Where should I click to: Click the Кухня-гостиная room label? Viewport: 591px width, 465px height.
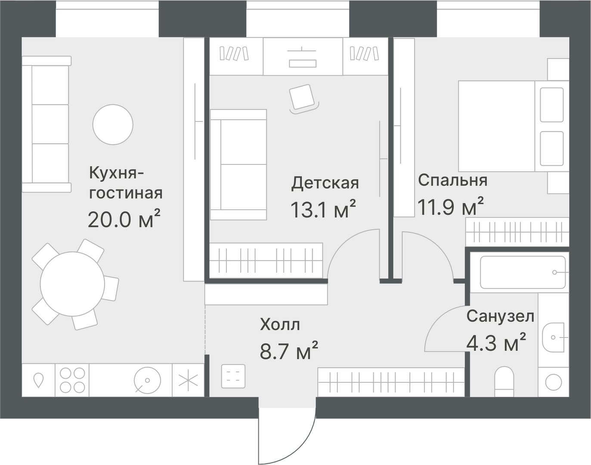point(126,183)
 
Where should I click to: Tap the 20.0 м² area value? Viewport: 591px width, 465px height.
point(124,220)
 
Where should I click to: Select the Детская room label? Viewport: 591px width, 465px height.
point(325,183)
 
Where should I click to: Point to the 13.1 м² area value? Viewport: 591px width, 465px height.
point(323,210)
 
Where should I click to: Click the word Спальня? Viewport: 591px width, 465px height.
point(452,180)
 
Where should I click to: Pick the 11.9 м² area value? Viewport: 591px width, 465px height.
point(450,207)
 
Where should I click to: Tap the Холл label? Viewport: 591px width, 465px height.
point(280,325)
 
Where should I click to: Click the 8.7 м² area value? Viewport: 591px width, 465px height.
point(289,350)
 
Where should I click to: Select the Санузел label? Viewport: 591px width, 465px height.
point(500,317)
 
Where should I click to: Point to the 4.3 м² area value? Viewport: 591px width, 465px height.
point(496,343)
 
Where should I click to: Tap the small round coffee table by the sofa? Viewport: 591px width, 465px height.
point(113,124)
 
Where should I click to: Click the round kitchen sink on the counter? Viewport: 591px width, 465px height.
point(147,380)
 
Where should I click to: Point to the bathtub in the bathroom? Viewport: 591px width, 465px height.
point(523,273)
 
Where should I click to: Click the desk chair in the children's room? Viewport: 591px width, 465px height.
point(303,98)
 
